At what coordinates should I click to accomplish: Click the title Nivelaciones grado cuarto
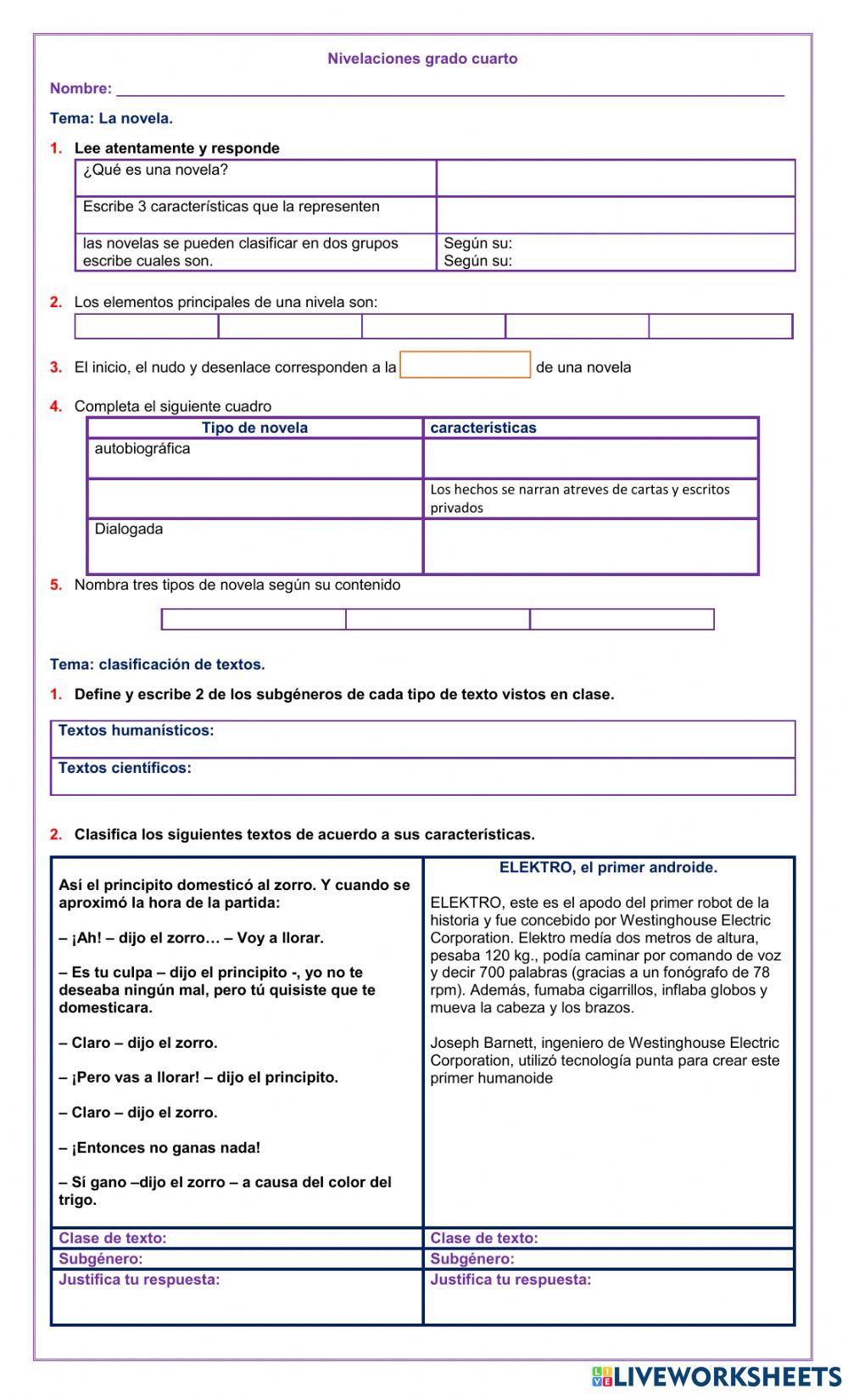click(x=422, y=59)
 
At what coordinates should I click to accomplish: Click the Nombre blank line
click(x=449, y=90)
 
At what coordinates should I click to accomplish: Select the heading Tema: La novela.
click(x=111, y=118)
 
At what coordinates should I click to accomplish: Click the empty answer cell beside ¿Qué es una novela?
click(x=616, y=178)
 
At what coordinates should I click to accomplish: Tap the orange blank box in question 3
click(x=465, y=365)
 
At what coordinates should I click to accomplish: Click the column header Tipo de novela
click(x=254, y=428)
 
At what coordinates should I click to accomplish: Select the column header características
click(x=483, y=428)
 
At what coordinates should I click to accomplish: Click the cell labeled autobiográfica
click(x=142, y=449)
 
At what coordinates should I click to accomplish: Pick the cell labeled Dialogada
click(x=129, y=529)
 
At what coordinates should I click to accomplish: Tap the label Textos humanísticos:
click(x=136, y=731)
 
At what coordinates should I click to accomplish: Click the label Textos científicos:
click(x=125, y=768)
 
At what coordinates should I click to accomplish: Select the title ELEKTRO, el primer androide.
click(x=608, y=867)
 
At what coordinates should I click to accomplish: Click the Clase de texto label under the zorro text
click(x=113, y=1238)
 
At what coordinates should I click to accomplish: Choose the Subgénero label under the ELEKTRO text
click(x=472, y=1259)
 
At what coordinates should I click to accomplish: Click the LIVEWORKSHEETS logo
click(x=717, y=1375)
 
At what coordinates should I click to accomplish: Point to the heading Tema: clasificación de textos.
click(x=157, y=664)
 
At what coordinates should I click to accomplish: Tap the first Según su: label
click(x=477, y=244)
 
